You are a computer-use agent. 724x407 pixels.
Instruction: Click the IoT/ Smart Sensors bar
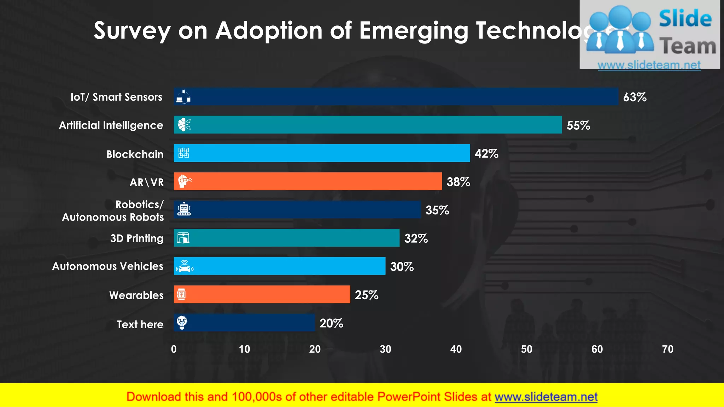[x=396, y=96]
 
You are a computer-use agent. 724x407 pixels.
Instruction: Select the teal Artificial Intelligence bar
[x=368, y=125]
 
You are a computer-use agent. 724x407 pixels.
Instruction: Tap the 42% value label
[x=486, y=154]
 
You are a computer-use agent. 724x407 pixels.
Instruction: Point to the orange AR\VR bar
[x=308, y=181]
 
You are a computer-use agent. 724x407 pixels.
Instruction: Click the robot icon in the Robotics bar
[x=184, y=209]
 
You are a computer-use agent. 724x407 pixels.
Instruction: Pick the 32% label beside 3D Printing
[x=416, y=238]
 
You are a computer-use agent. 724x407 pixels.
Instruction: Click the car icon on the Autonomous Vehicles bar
[x=184, y=266]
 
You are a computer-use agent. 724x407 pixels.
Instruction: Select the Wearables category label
[x=136, y=295]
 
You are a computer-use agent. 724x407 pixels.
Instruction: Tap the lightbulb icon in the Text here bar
[x=182, y=322]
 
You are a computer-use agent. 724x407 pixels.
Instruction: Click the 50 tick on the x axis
[x=526, y=349]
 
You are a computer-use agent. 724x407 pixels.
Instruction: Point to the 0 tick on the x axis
[x=174, y=349]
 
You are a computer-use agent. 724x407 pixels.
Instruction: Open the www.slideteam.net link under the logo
[x=649, y=65]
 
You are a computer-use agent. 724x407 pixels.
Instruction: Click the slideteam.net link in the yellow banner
[x=546, y=397]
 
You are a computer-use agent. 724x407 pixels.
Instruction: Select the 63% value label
[x=635, y=97]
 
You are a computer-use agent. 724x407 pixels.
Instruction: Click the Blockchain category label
[x=135, y=154]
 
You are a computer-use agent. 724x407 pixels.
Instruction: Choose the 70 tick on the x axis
[x=667, y=349]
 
